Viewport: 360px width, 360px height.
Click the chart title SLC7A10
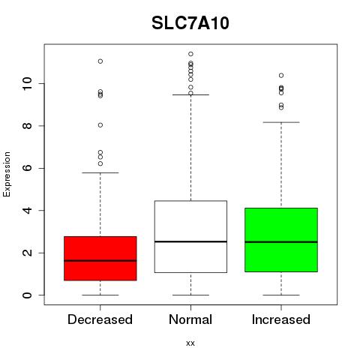(x=190, y=23)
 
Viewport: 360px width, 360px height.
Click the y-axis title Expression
(x=7, y=174)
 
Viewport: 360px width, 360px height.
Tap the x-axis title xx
(x=190, y=343)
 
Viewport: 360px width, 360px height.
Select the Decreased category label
(x=100, y=319)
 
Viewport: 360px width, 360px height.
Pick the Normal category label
(x=190, y=319)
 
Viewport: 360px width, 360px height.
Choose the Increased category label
(x=281, y=319)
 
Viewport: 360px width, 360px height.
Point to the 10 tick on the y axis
(x=27, y=83)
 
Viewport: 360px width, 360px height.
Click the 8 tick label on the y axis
(x=27, y=126)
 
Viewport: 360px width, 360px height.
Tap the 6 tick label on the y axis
(x=27, y=168)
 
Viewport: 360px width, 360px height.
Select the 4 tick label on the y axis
(x=27, y=210)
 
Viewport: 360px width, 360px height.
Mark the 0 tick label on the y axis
(x=27, y=295)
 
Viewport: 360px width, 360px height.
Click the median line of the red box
(x=100, y=260)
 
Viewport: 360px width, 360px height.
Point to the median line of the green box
(x=281, y=241)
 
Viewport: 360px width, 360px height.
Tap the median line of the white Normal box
(x=190, y=241)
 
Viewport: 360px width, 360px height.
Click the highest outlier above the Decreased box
(x=100, y=61)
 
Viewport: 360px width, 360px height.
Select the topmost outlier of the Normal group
(x=190, y=54)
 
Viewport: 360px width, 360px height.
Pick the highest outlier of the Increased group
(x=281, y=75)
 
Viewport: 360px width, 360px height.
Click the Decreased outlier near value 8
(x=100, y=125)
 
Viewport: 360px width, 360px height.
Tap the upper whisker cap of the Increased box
(x=281, y=122)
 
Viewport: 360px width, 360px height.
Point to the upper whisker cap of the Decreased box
(x=100, y=172)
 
